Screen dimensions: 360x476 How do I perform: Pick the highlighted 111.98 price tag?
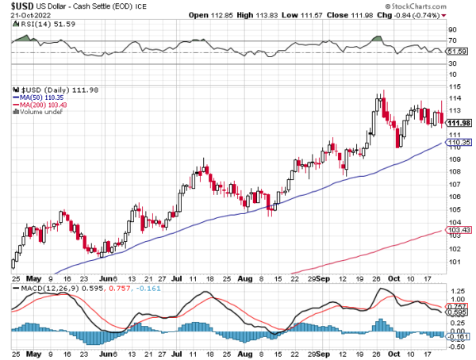[459, 123]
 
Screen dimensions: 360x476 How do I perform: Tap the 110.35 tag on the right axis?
[459, 143]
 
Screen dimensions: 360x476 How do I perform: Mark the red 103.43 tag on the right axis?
[459, 230]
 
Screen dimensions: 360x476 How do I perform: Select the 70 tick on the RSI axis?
[453, 40]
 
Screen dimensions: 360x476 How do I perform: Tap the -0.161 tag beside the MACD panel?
[459, 336]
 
